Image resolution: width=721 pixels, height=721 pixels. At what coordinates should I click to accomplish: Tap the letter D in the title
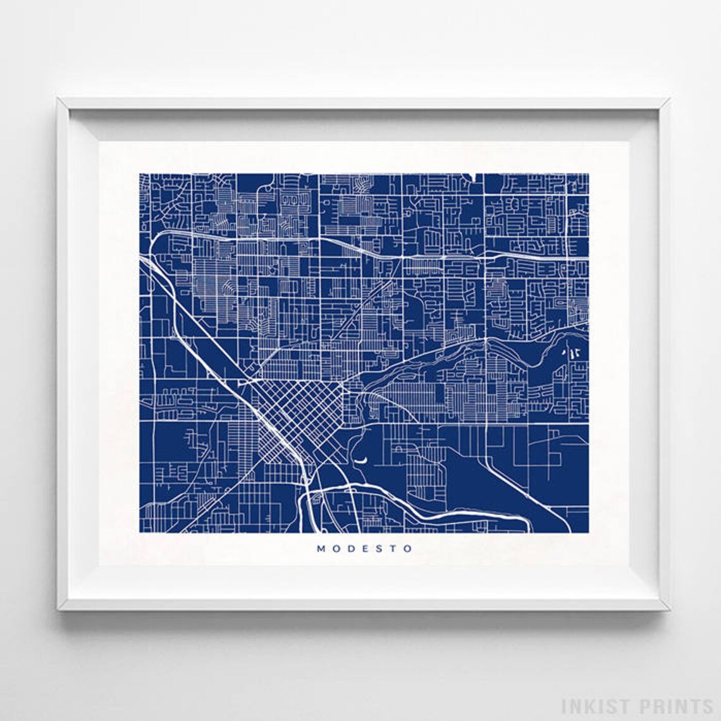coord(350,549)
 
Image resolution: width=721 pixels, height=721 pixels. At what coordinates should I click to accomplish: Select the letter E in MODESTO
coord(364,549)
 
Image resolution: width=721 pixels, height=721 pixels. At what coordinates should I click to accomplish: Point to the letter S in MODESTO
coord(377,549)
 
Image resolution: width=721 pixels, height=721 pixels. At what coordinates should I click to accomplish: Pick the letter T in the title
coord(391,549)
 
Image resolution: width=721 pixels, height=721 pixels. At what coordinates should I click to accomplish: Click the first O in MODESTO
coord(335,549)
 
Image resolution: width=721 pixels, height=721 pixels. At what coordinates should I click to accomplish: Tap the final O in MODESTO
coord(405,549)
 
